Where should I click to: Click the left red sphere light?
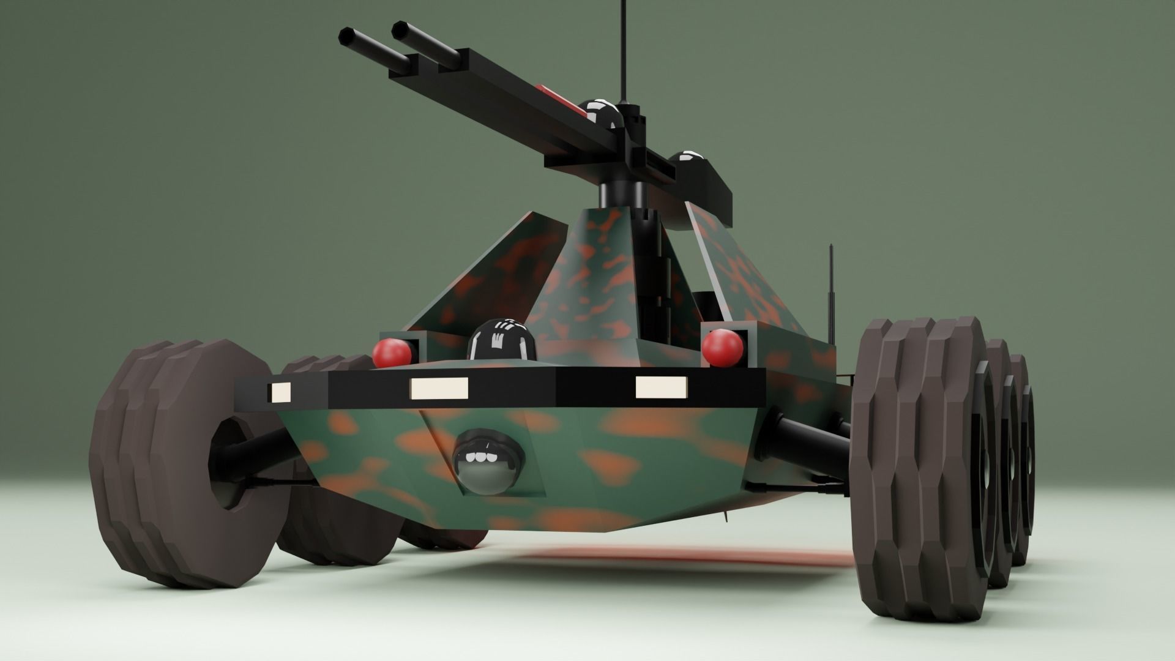point(392,353)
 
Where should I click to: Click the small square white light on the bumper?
point(281,392)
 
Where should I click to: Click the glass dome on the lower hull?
point(488,462)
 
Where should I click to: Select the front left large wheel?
point(184,465)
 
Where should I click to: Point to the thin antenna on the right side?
point(831,294)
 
